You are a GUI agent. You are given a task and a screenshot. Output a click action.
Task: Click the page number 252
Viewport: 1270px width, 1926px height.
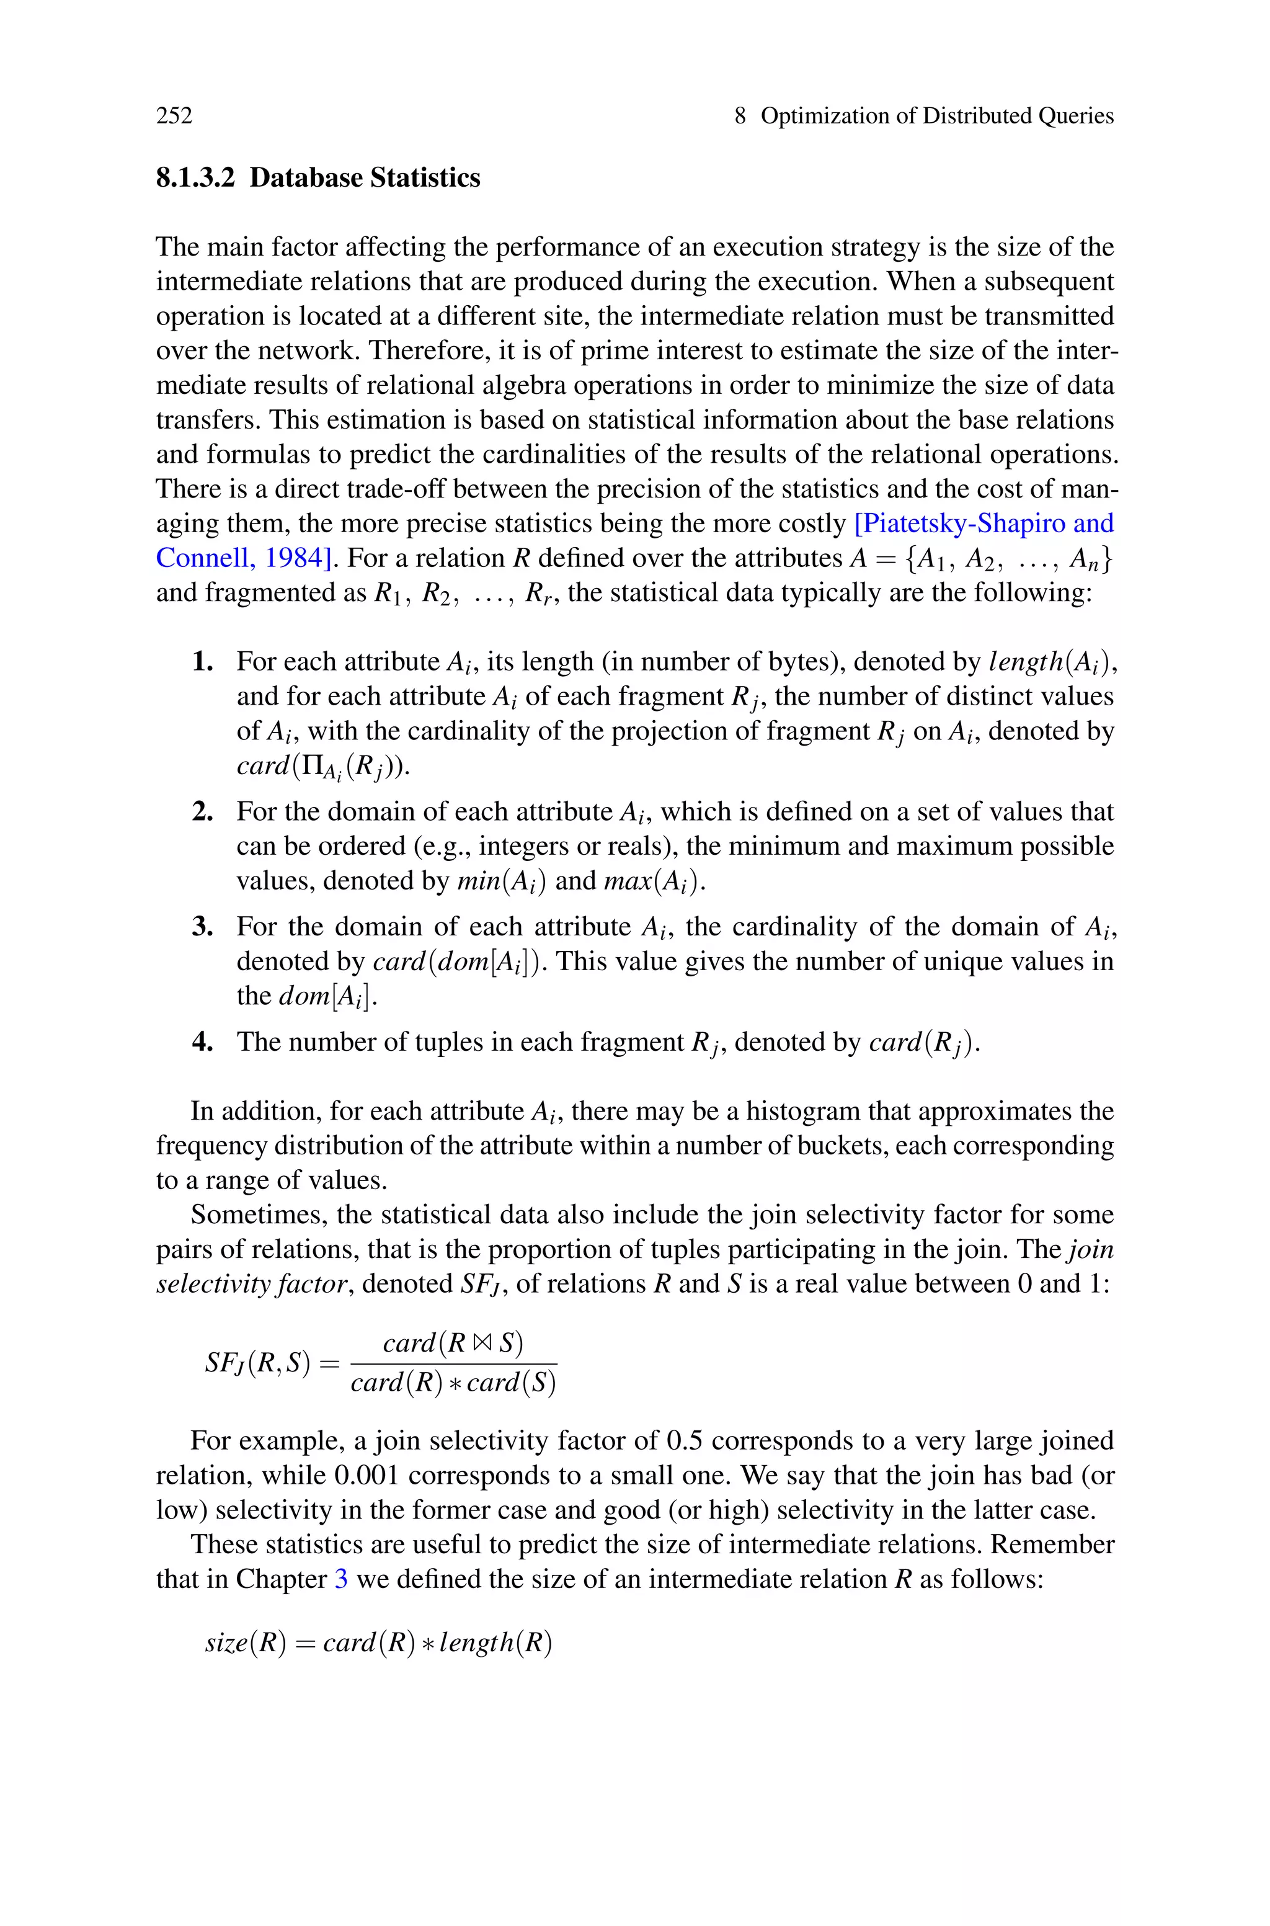tap(174, 116)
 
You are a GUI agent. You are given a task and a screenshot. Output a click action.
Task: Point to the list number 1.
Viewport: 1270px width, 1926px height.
tap(203, 662)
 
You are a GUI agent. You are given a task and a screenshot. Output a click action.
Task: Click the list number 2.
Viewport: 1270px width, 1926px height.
tap(203, 811)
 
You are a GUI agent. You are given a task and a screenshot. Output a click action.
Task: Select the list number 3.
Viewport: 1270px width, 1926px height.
tap(203, 927)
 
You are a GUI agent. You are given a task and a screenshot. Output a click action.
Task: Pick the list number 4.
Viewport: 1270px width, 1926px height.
tap(203, 1041)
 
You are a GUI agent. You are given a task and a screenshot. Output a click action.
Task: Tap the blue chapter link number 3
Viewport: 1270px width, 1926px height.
tap(341, 1579)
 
